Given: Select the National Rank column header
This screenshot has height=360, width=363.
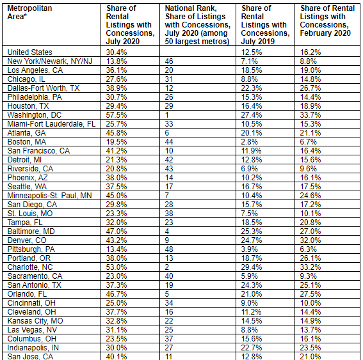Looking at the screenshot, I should [x=197, y=24].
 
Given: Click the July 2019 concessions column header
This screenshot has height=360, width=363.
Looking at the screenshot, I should [x=264, y=24].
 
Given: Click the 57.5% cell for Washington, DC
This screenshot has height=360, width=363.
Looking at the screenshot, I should [x=117, y=114].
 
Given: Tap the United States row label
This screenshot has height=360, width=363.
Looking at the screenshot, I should [x=30, y=52].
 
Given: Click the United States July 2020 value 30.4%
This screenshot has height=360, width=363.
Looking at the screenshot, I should [x=117, y=52].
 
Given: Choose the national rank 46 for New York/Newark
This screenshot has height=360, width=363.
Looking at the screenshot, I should [x=170, y=61].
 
